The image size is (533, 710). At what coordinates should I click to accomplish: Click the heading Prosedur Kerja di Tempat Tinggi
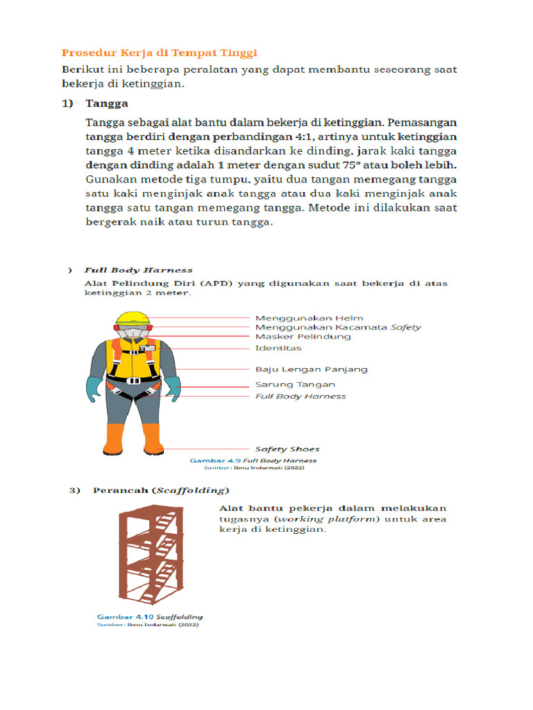160,53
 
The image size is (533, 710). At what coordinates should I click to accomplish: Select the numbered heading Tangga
107,104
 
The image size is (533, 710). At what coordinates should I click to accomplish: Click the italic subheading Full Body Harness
138,270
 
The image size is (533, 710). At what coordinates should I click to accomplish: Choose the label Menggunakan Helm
309,318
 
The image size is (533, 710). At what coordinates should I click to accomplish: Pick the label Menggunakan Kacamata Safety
338,327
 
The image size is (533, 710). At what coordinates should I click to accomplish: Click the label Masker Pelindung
303,336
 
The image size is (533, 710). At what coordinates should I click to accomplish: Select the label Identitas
278,347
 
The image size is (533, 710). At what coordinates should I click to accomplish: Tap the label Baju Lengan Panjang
311,369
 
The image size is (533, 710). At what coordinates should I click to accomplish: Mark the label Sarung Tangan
295,384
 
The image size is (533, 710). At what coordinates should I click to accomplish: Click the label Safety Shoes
287,449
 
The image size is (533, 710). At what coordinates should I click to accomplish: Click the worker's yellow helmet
133,319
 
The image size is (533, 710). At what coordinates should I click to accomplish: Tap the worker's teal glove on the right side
171,388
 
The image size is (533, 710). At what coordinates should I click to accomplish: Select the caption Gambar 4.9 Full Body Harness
253,460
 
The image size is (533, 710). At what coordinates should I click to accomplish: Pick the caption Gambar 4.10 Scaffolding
150,616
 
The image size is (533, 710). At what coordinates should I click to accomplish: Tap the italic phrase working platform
326,519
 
